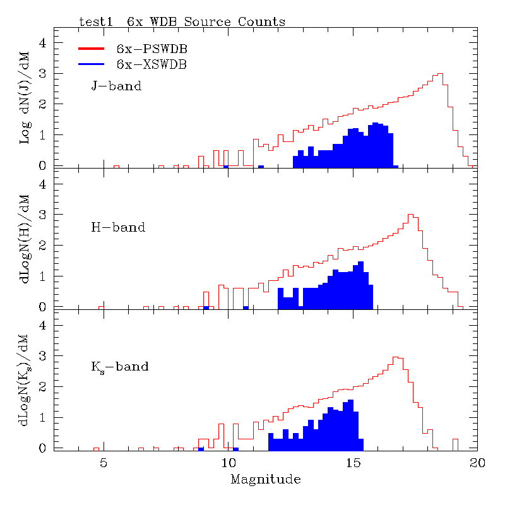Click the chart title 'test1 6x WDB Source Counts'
pos(182,21)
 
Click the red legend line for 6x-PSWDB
pos(95,48)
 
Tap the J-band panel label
pos(116,86)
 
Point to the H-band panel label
pos(118,227)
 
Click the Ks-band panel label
pos(120,366)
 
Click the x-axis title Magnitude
pos(265,480)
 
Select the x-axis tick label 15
pos(352,463)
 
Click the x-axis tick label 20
pos(477,463)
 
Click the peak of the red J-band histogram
pos(440,74)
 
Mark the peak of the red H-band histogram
pos(410,215)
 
